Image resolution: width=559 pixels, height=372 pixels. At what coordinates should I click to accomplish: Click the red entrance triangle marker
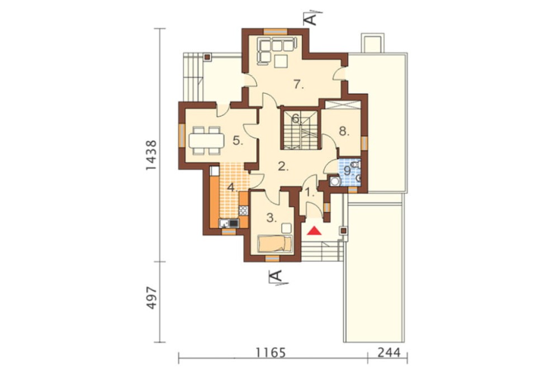click(x=315, y=231)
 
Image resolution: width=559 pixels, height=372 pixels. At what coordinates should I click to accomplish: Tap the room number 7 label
click(x=299, y=85)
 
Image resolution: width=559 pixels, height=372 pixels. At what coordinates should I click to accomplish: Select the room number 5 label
click(x=238, y=141)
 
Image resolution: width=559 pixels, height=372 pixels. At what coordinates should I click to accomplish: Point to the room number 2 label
click(x=283, y=166)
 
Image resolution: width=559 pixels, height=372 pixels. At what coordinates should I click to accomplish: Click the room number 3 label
click(x=272, y=218)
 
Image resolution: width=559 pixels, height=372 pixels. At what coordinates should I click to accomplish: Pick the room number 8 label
click(x=343, y=131)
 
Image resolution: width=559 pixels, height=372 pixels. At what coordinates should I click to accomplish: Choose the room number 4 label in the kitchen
click(x=233, y=188)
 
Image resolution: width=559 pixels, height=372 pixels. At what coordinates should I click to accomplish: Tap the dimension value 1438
click(x=151, y=155)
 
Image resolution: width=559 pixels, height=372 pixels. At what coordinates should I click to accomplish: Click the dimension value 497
click(x=151, y=297)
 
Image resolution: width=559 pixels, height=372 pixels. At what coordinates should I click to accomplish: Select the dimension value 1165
click(x=271, y=353)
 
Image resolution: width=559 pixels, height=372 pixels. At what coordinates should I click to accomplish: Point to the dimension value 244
click(x=389, y=353)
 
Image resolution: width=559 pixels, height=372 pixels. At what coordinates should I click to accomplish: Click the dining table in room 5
click(x=207, y=141)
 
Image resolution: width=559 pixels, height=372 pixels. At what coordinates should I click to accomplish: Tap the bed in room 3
click(x=275, y=244)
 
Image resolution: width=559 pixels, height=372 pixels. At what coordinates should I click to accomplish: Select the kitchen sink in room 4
click(x=229, y=223)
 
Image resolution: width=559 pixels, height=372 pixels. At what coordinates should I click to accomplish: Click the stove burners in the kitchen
click(x=243, y=210)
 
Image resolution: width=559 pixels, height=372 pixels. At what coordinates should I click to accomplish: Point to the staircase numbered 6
click(x=300, y=130)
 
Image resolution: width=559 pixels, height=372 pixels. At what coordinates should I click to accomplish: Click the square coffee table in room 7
click(x=281, y=61)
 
